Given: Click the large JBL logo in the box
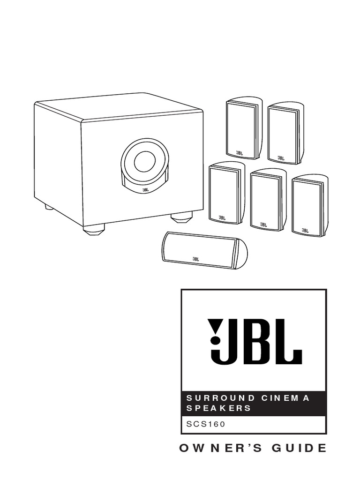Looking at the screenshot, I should (x=255, y=341).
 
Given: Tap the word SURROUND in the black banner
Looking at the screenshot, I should (x=215, y=398).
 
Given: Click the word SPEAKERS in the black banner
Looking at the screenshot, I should (x=219, y=408).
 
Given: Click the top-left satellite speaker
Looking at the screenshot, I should (x=243, y=127).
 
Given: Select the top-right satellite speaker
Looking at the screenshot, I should (x=284, y=133).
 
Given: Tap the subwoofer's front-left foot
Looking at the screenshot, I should (x=94, y=230).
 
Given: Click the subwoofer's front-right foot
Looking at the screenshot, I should (x=181, y=217).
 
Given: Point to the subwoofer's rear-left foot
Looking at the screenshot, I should (x=49, y=206).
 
